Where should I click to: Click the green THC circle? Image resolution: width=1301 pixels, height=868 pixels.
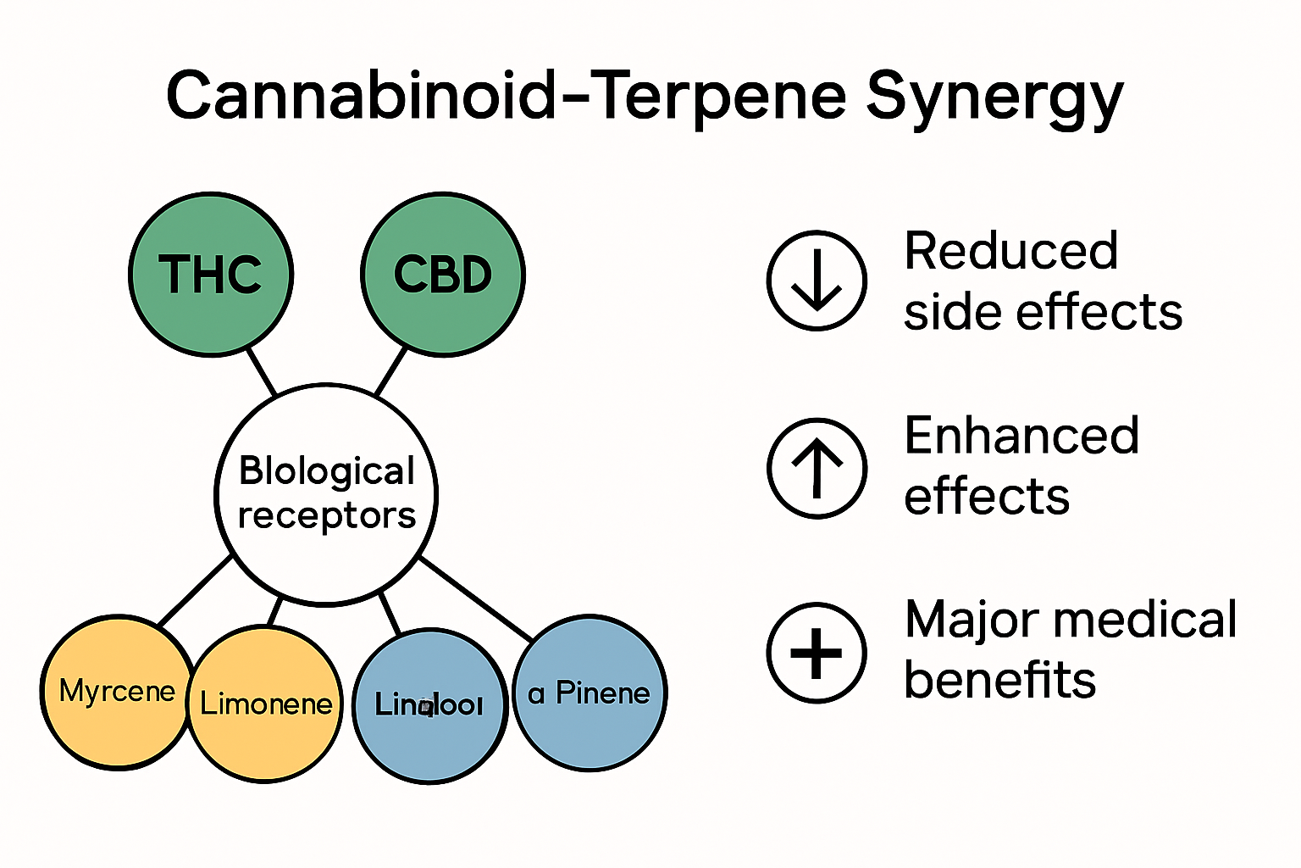click(211, 274)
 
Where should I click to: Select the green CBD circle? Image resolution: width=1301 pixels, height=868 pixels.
click(442, 274)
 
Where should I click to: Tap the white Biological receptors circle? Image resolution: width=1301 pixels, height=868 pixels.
click(326, 494)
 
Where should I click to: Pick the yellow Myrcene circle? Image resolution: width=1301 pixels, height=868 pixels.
click(116, 693)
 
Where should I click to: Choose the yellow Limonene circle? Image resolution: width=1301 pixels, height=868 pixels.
click(265, 704)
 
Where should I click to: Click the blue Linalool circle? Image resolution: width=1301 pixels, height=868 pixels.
click(429, 705)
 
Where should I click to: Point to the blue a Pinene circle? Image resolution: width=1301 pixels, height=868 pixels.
click(590, 693)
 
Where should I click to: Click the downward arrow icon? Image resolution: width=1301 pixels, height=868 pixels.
click(817, 281)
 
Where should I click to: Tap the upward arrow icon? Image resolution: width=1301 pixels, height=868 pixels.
click(817, 468)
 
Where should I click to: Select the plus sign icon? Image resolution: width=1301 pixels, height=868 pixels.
click(817, 653)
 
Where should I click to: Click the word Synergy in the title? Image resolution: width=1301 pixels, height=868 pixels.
click(994, 97)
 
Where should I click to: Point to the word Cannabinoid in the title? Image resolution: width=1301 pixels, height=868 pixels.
click(361, 95)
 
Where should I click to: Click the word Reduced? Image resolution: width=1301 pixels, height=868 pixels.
click(1010, 252)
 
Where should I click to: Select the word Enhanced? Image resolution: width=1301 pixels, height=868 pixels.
click(1021, 436)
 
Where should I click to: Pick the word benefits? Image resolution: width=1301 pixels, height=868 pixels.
click(999, 680)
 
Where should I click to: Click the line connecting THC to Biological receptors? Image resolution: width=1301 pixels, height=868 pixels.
click(261, 371)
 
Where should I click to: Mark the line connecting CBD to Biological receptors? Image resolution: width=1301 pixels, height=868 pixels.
click(390, 371)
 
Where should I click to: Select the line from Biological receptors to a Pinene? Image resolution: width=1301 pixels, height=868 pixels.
click(476, 598)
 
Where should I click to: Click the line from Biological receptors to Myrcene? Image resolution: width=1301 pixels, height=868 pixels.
click(196, 591)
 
